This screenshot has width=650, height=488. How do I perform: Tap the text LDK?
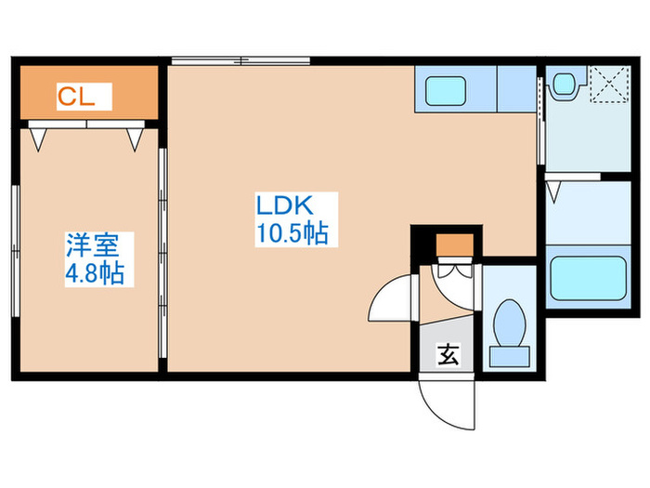pyautogui.click(x=289, y=205)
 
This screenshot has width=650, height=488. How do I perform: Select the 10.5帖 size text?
pyautogui.click(x=291, y=233)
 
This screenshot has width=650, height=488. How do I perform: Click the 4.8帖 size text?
pyautogui.click(x=95, y=273)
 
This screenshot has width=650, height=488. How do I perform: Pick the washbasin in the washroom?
pyautogui.click(x=564, y=86)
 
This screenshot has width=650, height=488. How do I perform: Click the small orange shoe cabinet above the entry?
pyautogui.click(x=455, y=246)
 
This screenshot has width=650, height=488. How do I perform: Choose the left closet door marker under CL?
pyautogui.click(x=37, y=138)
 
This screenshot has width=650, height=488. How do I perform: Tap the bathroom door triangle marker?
pyautogui.click(x=555, y=192)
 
